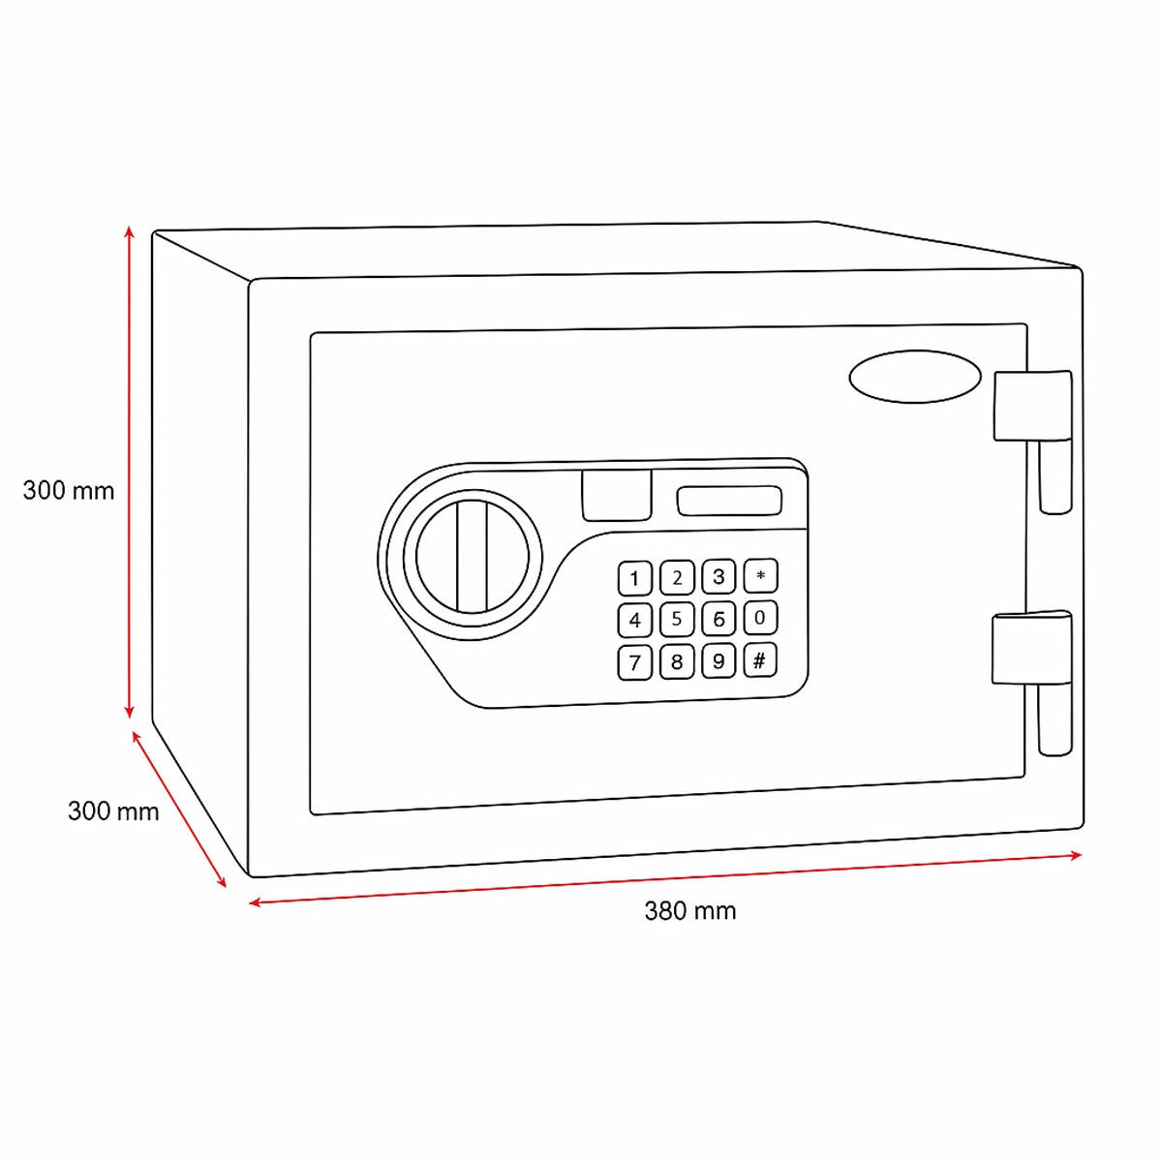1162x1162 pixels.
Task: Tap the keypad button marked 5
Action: [x=677, y=619]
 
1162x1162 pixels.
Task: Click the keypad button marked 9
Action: [x=719, y=661]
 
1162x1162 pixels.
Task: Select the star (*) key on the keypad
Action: [x=760, y=576]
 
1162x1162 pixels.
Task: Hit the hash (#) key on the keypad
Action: [x=760, y=660]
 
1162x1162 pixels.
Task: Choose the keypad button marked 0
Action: [x=760, y=618]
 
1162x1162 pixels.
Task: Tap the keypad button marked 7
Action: [x=635, y=662]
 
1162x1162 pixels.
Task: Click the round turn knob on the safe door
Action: [x=474, y=553]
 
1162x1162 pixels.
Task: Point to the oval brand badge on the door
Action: [x=914, y=377]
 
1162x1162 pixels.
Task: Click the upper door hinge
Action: [x=1032, y=406]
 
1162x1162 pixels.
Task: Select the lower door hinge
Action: [x=1032, y=648]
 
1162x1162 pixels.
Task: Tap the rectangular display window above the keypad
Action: [x=729, y=501]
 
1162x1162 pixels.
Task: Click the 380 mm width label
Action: [x=690, y=911]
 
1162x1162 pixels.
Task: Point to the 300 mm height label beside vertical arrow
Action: [x=69, y=491]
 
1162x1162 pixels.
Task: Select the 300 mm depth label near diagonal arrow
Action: [x=113, y=810]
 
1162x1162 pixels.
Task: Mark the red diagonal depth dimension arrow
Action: [x=179, y=810]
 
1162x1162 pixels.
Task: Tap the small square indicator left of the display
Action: [x=616, y=495]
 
